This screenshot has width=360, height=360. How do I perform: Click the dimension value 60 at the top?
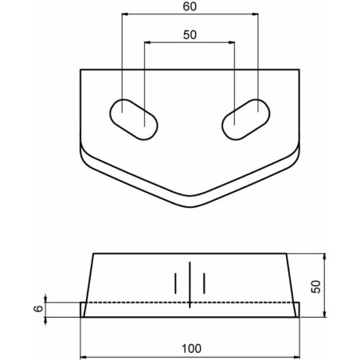(190, 6)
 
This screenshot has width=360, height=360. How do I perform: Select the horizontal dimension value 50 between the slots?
(190, 35)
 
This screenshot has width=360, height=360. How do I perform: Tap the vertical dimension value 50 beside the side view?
(315, 287)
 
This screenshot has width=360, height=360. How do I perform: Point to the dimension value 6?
(39, 308)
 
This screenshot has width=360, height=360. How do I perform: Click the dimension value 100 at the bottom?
(191, 348)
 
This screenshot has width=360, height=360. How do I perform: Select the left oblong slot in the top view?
(134, 119)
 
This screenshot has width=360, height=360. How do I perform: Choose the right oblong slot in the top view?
(246, 119)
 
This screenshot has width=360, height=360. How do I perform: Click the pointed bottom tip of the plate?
(190, 207)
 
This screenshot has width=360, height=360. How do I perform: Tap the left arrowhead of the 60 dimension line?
(125, 14)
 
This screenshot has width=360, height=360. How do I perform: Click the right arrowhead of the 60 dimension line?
(255, 14)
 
